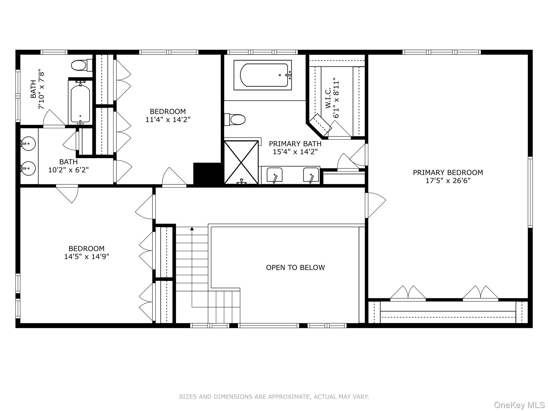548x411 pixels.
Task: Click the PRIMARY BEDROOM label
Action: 448,173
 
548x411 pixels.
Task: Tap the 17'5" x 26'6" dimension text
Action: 448,181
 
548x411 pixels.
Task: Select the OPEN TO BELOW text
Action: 295,268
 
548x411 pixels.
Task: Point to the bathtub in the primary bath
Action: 262,75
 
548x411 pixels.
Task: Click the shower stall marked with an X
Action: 241,162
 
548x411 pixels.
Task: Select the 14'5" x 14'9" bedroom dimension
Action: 86,257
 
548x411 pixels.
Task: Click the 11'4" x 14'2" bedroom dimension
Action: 168,120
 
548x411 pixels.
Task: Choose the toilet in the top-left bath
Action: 80,65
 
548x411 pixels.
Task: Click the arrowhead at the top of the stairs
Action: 192,229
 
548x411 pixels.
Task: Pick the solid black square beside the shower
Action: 208,173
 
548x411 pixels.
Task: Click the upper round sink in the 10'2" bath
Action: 28,144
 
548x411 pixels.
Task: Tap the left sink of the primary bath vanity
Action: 275,175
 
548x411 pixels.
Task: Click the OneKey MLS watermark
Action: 519,405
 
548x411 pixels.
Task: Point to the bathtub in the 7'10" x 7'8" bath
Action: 80,102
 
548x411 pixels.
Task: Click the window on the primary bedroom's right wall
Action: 530,192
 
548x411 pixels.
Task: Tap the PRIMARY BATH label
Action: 295,144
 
